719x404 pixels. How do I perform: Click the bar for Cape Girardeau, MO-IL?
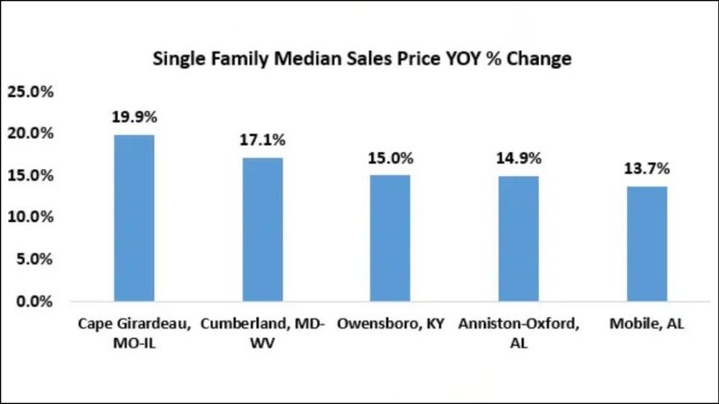[x=133, y=217]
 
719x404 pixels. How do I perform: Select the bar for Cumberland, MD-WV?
[x=263, y=229]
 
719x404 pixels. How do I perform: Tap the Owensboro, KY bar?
[x=392, y=237]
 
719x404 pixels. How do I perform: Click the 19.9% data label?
[x=133, y=118]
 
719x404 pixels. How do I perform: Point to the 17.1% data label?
[x=263, y=141]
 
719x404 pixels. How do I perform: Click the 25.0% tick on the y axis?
[x=31, y=92]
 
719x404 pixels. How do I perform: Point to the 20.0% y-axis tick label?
[x=31, y=134]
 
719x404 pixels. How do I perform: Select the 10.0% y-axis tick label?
[x=31, y=217]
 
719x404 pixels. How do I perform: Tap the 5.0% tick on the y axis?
[x=35, y=259]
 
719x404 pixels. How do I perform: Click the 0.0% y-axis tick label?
[x=35, y=302]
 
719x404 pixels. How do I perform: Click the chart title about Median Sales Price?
[x=362, y=59]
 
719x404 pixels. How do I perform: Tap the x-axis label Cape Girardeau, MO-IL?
[x=133, y=334]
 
